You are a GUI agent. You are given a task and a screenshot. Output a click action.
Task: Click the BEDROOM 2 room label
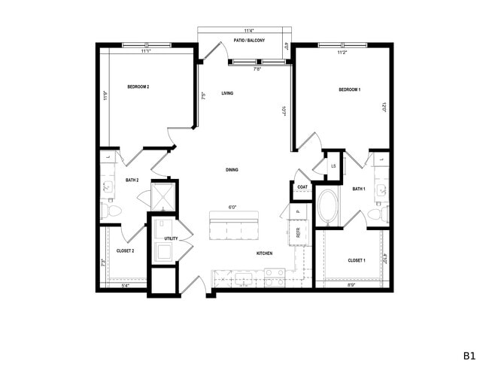pyautogui.click(x=138, y=87)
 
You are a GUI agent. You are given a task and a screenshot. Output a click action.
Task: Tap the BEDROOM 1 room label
pyautogui.click(x=350, y=90)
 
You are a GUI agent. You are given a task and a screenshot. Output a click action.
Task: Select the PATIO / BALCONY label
pyautogui.click(x=249, y=40)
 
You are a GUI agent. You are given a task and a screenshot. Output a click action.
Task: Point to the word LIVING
pyautogui.click(x=227, y=94)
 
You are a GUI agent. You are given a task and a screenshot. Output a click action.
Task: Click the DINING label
pyautogui.click(x=232, y=170)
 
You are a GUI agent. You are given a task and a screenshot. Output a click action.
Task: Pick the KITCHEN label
pyautogui.click(x=264, y=253)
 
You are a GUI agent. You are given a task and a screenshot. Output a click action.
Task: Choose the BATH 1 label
pyautogui.click(x=359, y=189)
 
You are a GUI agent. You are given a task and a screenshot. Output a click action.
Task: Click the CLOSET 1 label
pyautogui.click(x=356, y=260)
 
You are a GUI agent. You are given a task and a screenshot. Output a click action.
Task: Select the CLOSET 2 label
pyautogui.click(x=125, y=250)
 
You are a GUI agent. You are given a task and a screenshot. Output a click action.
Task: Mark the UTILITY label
pyautogui.click(x=171, y=238)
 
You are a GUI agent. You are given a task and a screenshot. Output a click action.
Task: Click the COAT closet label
pyautogui.click(x=302, y=187)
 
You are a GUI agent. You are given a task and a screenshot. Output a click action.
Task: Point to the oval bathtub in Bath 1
pyautogui.click(x=329, y=206)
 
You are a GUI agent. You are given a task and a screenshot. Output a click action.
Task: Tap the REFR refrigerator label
pyautogui.click(x=298, y=234)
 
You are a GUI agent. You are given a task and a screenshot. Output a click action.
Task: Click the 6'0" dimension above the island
pyautogui.click(x=232, y=208)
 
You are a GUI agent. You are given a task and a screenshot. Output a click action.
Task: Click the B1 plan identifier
pyautogui.click(x=469, y=354)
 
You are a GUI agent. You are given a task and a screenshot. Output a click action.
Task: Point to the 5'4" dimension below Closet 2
pyautogui.click(x=125, y=286)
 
